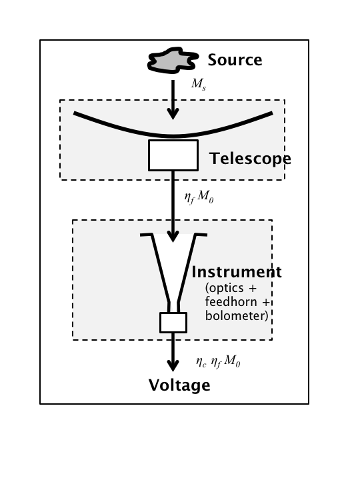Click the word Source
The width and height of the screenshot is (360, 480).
[x=235, y=60]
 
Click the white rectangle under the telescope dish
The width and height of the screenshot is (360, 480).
[x=173, y=155]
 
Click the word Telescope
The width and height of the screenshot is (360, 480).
[x=250, y=159]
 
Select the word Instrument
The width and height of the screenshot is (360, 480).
[x=237, y=272]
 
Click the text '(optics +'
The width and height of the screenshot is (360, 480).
[x=231, y=288]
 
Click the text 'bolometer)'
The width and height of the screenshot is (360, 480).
[x=237, y=315]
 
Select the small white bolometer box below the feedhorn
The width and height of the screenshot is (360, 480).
[x=173, y=322]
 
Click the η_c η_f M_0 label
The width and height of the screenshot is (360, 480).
[x=217, y=362]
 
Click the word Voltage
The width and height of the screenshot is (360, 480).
[x=179, y=385]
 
